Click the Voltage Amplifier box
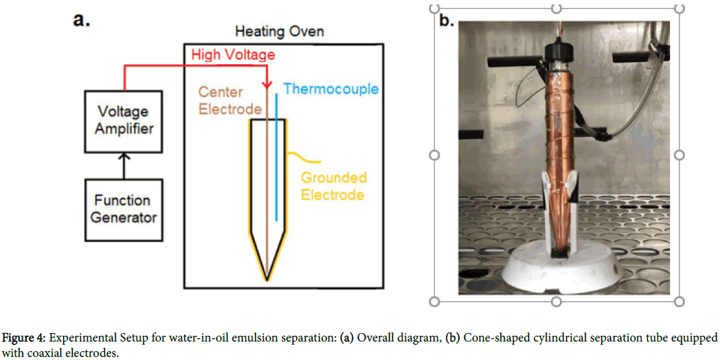point(124,120)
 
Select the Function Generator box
point(124,209)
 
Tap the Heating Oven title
point(279,31)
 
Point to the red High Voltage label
point(233,55)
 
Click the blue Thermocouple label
point(331,88)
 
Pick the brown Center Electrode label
point(230,101)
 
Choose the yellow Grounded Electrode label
point(334,186)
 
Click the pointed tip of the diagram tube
point(267,278)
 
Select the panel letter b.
point(446,20)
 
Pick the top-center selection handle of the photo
point(556,8)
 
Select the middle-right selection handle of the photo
point(680,155)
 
